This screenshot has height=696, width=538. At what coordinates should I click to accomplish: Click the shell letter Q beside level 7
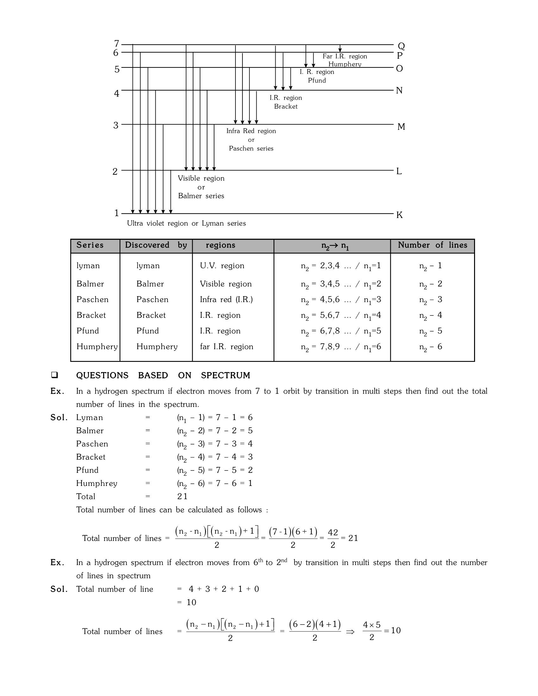pyautogui.click(x=401, y=46)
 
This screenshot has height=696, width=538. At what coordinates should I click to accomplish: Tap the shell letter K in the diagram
pyautogui.click(x=399, y=215)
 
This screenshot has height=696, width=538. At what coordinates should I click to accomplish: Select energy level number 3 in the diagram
pyautogui.click(x=116, y=125)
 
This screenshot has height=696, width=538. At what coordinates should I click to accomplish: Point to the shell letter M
pyautogui.click(x=401, y=127)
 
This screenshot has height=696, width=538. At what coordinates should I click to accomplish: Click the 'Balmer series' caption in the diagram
pyautogui.click(x=201, y=196)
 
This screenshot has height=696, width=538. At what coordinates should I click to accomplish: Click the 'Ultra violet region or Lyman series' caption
pyautogui.click(x=186, y=223)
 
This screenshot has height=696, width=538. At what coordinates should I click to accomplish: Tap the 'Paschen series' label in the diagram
pyautogui.click(x=251, y=148)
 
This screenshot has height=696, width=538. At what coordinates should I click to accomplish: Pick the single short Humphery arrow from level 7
pyautogui.click(x=340, y=48)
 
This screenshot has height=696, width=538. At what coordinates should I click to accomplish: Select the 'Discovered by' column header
pyautogui.click(x=156, y=245)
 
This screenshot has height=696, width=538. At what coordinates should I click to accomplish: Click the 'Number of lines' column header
pyautogui.click(x=432, y=245)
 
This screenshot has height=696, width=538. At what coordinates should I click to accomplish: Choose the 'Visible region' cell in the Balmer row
pyautogui.click(x=226, y=284)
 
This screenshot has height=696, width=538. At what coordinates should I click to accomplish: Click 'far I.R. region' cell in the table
pyautogui.click(x=226, y=347)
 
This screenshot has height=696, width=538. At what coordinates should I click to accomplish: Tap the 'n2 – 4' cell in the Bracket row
pyautogui.click(x=431, y=315)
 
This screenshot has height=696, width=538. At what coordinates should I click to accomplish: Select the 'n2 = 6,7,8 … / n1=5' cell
pyautogui.click(x=341, y=332)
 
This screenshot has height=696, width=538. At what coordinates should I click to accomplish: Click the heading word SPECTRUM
pyautogui.click(x=225, y=376)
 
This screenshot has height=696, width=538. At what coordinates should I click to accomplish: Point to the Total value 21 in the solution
pyautogui.click(x=182, y=496)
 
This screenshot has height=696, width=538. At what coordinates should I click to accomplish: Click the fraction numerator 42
pyautogui.click(x=333, y=532)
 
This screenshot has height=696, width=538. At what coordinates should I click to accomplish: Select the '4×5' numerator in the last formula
pyautogui.click(x=372, y=625)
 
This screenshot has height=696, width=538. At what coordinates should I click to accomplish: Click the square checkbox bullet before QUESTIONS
pyautogui.click(x=54, y=375)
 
